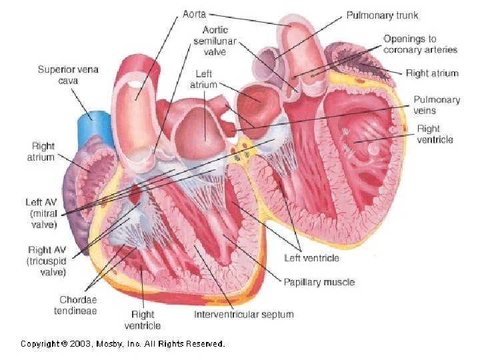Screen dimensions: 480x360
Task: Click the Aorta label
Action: point(195,13)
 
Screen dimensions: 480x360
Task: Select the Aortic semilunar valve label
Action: point(215,41)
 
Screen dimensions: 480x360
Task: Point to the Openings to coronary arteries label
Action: point(420,44)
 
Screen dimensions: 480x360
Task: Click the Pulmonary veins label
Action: point(437,105)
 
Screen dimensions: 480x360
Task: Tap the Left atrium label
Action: point(203,79)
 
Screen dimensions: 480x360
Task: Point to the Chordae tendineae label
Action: point(78,305)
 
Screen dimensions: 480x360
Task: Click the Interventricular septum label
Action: point(243,314)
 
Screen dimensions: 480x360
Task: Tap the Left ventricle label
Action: point(311,258)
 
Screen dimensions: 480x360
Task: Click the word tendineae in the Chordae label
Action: point(78,311)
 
